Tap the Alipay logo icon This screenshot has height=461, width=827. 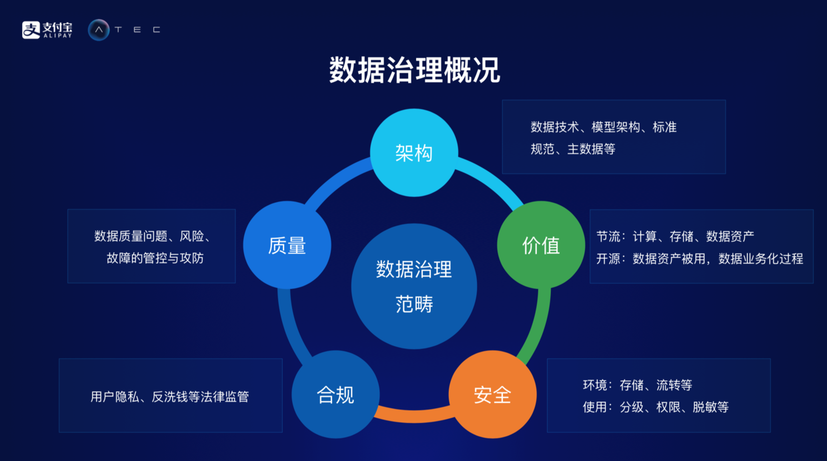click(x=31, y=29)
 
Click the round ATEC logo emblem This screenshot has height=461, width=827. click(x=99, y=29)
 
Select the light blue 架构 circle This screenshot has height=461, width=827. click(x=414, y=153)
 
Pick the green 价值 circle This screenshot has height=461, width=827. click(x=541, y=245)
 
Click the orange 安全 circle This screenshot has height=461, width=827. click(x=492, y=394)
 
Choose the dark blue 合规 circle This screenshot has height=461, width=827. click(x=335, y=394)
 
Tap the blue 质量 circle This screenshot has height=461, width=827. click(x=287, y=245)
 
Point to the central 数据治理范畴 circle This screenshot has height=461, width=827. click(x=414, y=287)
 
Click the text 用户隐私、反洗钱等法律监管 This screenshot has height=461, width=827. click(x=169, y=396)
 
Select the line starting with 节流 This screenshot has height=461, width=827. click(x=675, y=236)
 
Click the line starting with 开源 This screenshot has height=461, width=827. click(x=700, y=258)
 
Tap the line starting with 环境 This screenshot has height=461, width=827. click(x=637, y=385)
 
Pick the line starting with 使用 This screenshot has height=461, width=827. click(x=656, y=407)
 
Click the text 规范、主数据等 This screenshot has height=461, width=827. click(x=572, y=149)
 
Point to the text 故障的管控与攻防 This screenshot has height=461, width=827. click(x=155, y=258)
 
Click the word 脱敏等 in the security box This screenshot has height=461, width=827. click(x=710, y=407)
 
